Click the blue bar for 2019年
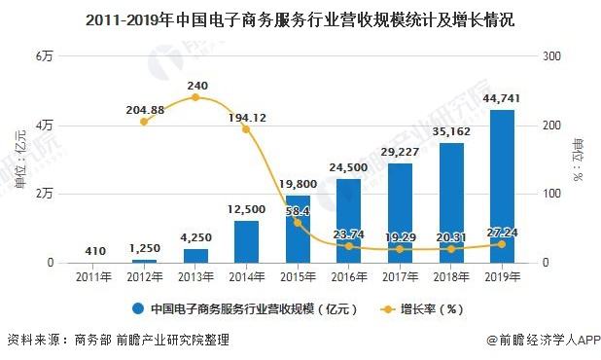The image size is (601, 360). pyautogui.click(x=502, y=187)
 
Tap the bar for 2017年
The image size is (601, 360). pyautogui.click(x=400, y=212)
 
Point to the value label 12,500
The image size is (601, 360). pyautogui.click(x=247, y=208)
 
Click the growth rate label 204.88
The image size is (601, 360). pyautogui.click(x=144, y=108)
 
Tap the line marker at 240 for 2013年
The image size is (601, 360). pyautogui.click(x=195, y=97)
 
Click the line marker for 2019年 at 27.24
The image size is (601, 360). pyautogui.click(x=502, y=243)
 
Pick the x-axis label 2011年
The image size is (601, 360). pyautogui.click(x=93, y=277)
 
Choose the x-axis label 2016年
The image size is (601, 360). pyautogui.click(x=348, y=277)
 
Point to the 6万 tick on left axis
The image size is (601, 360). pyautogui.click(x=44, y=56)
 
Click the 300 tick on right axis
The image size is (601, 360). pyautogui.click(x=551, y=56)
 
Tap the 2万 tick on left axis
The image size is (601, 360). pyautogui.click(x=44, y=194)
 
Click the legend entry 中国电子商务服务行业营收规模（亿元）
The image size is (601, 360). pyautogui.click(x=246, y=309)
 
